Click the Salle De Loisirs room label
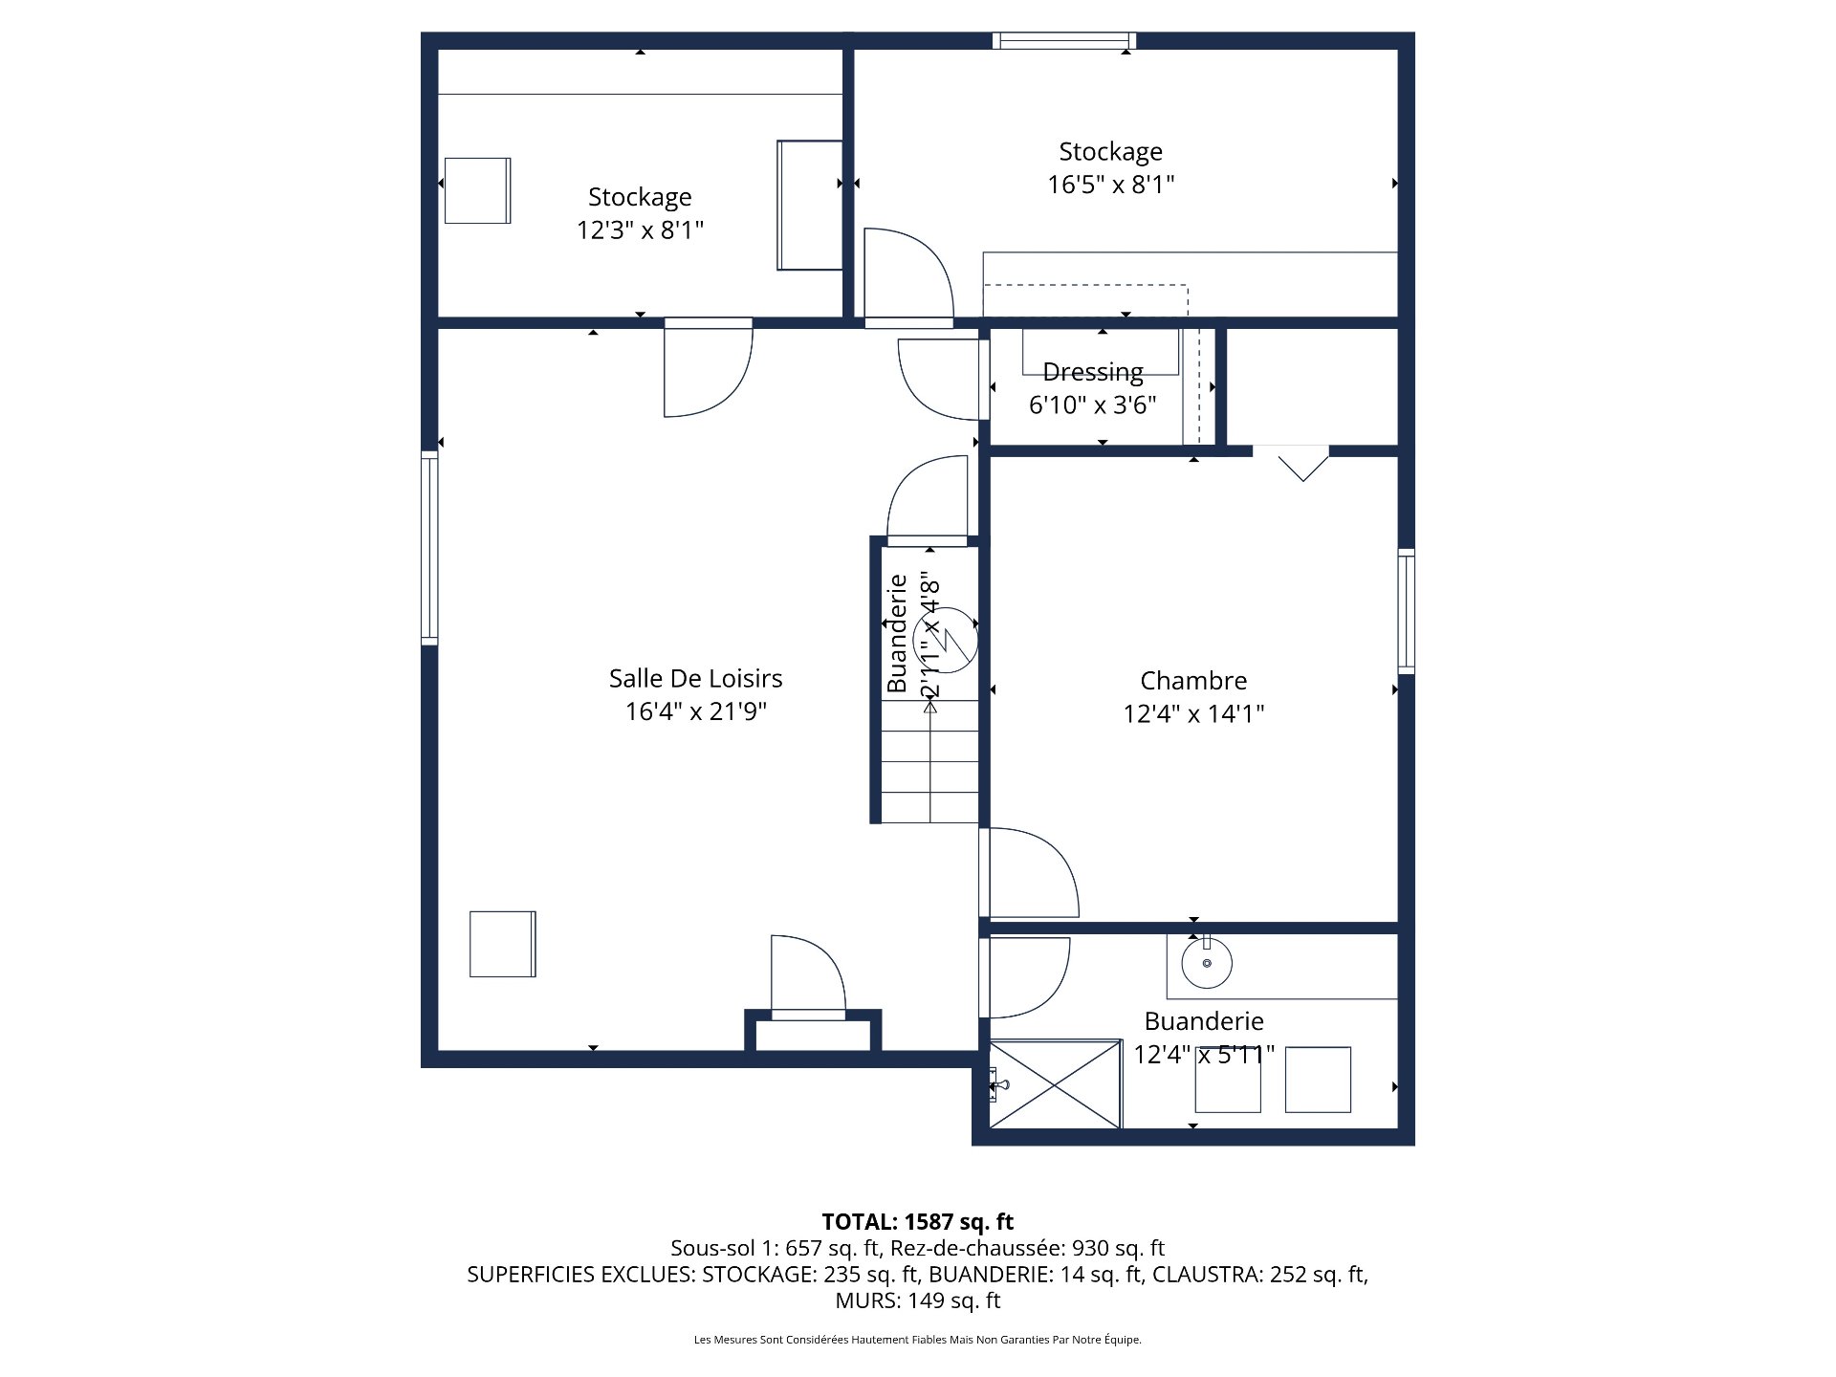click(x=695, y=679)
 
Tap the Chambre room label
click(x=1193, y=681)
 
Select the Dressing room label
click(x=1093, y=372)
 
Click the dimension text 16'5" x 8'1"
click(x=1110, y=184)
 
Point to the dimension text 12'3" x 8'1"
click(x=640, y=229)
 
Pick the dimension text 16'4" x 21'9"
click(x=695, y=711)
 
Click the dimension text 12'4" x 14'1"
click(x=1193, y=713)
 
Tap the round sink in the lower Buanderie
click(x=1207, y=963)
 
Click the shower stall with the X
click(x=1055, y=1084)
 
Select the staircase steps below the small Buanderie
click(x=929, y=761)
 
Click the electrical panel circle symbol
click(x=946, y=640)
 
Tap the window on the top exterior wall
click(x=1063, y=40)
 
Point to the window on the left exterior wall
click(x=429, y=548)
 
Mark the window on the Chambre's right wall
click(x=1406, y=611)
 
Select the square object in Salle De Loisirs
click(x=503, y=944)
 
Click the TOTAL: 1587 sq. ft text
click(x=918, y=1222)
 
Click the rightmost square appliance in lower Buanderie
click(x=1318, y=1080)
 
